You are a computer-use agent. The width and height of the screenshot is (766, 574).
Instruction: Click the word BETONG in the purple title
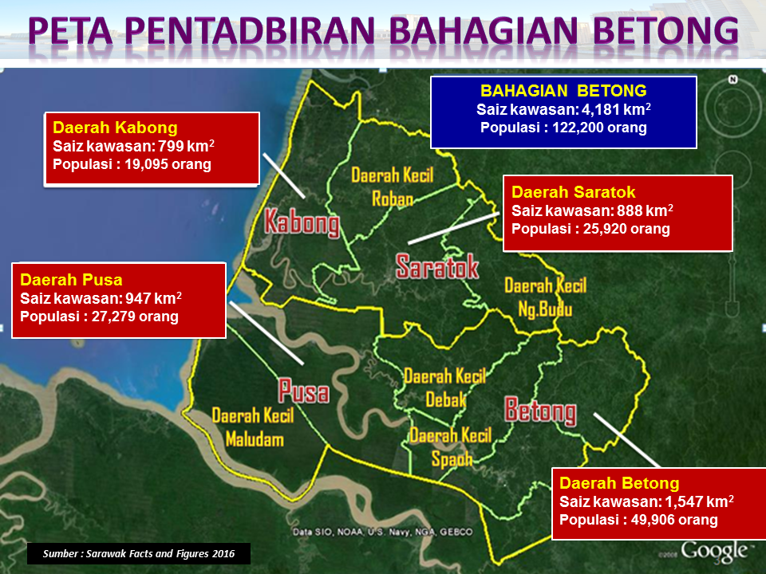coord(665,30)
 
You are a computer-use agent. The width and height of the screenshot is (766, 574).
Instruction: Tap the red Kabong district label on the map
coord(302,222)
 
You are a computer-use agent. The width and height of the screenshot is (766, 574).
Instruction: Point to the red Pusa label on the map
coord(304,391)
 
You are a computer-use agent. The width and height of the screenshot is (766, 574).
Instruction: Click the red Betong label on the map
coord(540,411)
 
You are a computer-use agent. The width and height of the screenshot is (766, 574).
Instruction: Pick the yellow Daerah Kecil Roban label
coord(393,187)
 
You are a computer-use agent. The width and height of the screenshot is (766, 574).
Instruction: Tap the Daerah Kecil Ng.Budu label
coord(545,297)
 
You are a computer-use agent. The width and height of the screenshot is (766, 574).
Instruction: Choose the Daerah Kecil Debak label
coord(445,388)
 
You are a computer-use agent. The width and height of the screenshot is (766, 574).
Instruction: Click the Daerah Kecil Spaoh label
coord(451,447)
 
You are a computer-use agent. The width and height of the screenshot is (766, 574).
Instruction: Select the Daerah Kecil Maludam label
coord(253,427)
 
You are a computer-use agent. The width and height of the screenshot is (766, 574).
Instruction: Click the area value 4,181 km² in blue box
coord(616,109)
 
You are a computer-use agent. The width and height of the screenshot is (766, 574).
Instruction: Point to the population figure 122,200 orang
coord(599,128)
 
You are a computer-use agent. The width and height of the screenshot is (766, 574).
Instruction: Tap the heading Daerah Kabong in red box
coord(115,128)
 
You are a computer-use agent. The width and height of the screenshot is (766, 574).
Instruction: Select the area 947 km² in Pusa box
coord(153,297)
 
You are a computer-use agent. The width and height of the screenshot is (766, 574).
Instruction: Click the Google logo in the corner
coord(714,552)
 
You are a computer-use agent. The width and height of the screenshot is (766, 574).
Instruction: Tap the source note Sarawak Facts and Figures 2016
coord(139,553)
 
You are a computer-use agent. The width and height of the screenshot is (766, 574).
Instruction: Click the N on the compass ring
coord(732,80)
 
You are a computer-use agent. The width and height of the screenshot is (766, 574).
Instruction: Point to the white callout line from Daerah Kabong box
coord(284,175)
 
